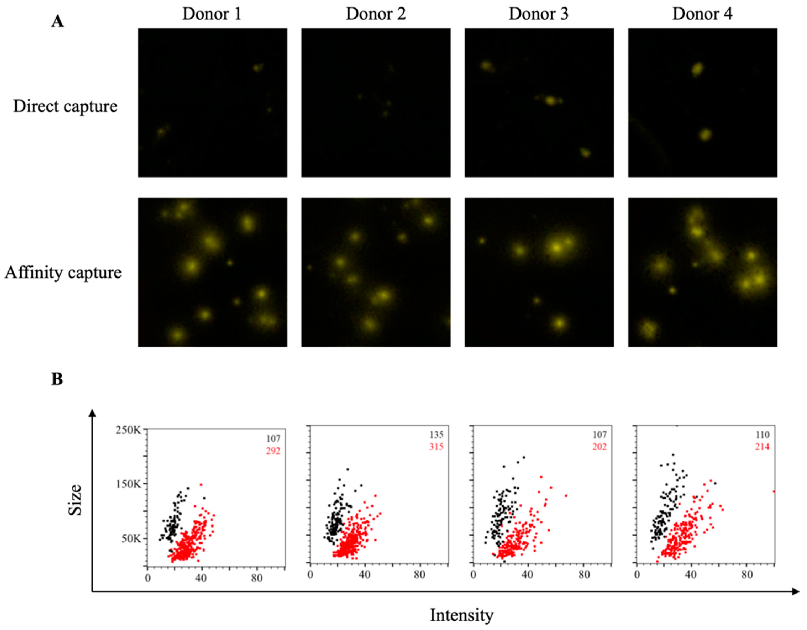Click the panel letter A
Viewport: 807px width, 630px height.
click(57, 22)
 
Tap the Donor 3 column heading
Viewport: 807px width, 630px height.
click(538, 14)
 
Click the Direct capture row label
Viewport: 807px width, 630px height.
click(65, 106)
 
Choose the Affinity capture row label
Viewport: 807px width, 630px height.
click(63, 273)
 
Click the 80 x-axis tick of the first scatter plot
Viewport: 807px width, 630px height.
click(257, 578)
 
